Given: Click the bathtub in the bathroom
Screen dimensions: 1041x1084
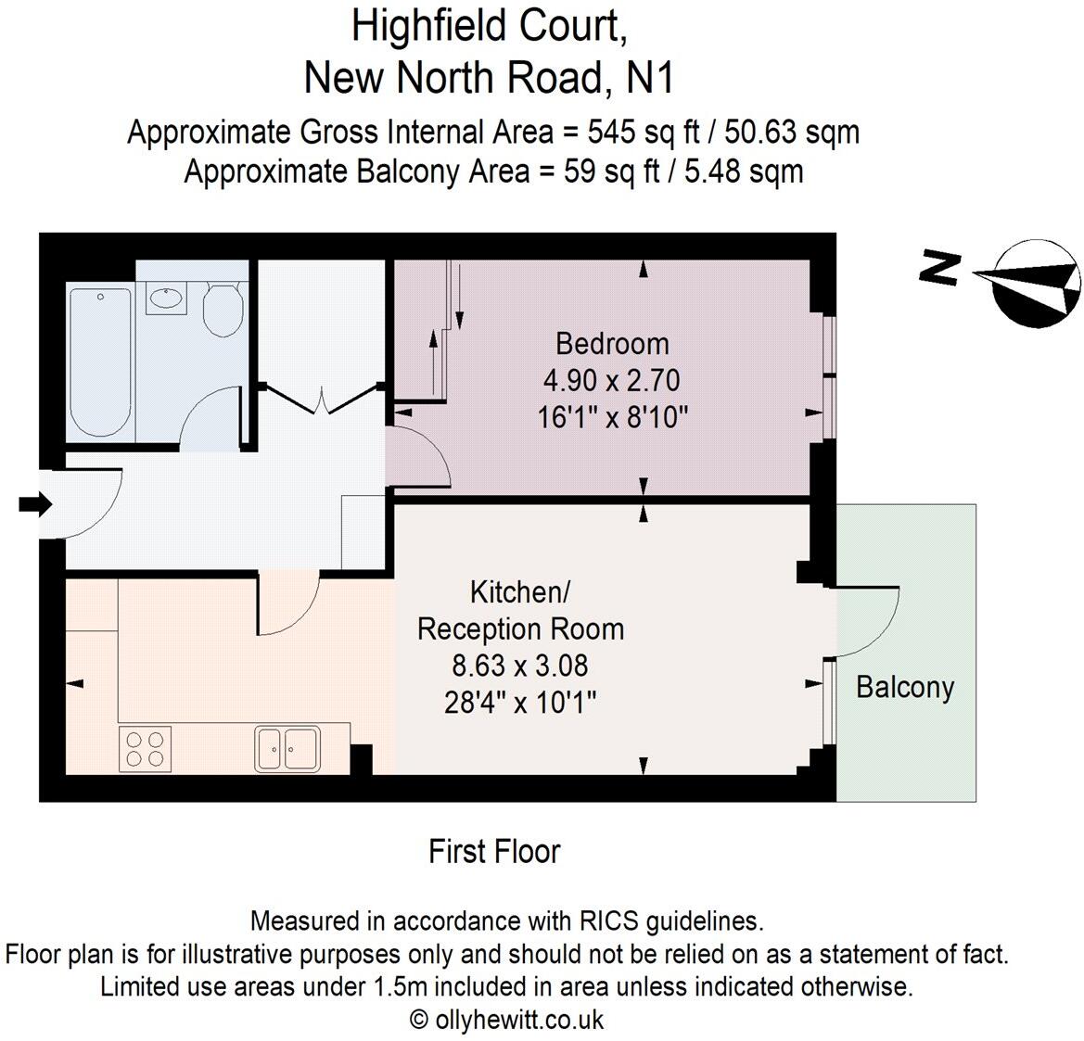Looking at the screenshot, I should pos(100,362).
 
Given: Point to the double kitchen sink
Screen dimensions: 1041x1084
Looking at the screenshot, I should pos(287,748).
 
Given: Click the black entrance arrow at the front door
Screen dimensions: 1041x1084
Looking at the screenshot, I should pos(35,504).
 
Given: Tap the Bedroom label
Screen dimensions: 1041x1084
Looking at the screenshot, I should pos(612,344).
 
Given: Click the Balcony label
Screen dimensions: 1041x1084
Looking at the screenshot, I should pos(904,687).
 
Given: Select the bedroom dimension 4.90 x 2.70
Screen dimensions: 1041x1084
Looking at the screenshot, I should pos(612,381).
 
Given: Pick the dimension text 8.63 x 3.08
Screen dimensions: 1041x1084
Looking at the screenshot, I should pos(520,666).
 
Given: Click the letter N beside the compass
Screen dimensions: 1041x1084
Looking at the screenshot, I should pos(938,269).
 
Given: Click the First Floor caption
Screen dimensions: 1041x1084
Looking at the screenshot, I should pos(494,851).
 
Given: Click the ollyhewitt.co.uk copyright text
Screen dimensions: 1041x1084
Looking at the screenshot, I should pos(506,1020).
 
